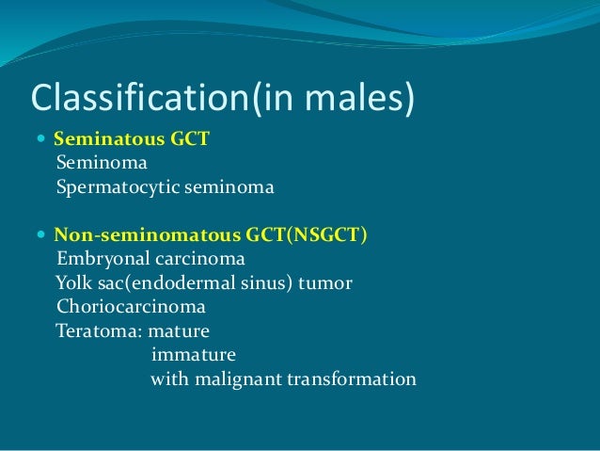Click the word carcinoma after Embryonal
pos(197,258)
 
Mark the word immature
pos(193,356)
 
